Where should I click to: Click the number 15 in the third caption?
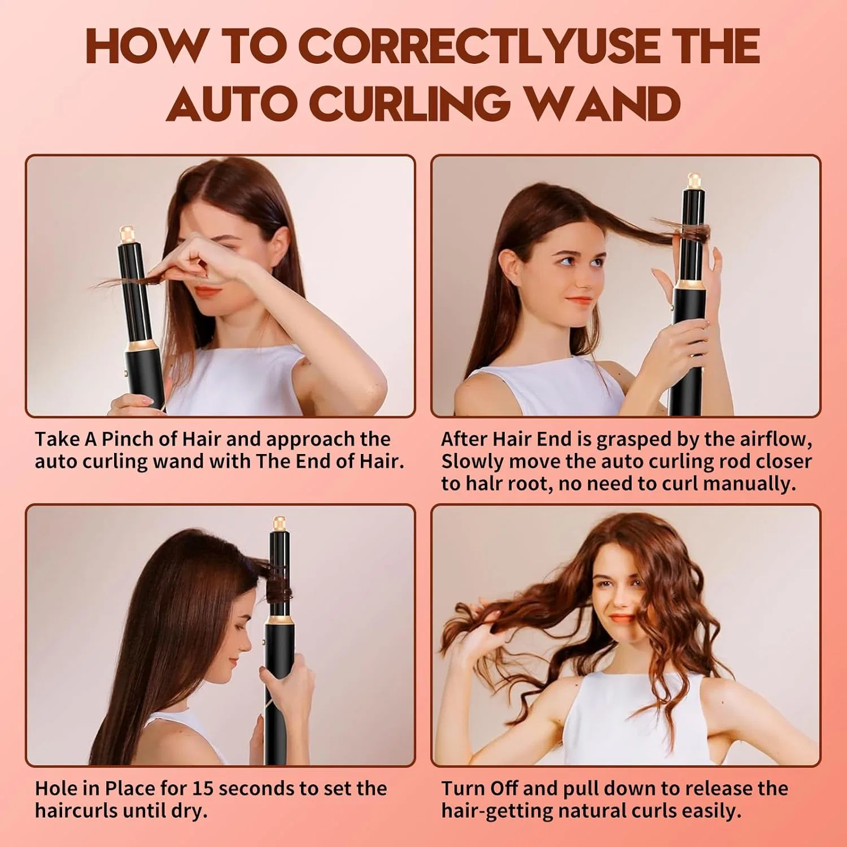point(203,788)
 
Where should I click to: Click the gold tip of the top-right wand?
point(694,181)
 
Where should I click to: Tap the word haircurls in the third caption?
point(76,811)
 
